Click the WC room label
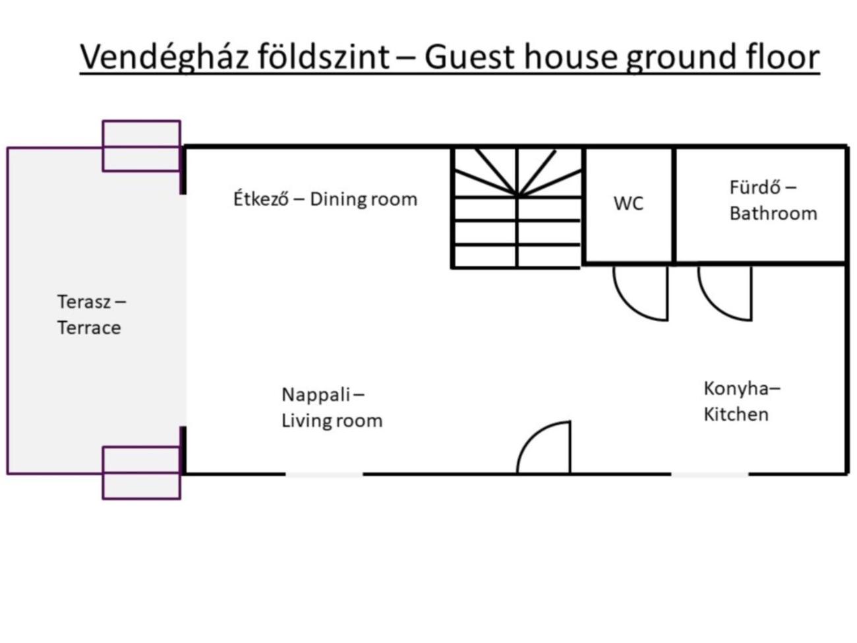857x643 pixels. [628, 203]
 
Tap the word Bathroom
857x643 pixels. [773, 214]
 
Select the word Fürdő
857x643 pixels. [755, 187]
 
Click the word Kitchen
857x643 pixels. [736, 414]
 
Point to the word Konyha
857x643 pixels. [736, 389]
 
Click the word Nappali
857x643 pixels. [316, 394]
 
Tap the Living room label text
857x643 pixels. [332, 421]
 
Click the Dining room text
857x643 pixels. [363, 200]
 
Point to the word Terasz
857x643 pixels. [83, 302]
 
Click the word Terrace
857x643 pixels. [89, 328]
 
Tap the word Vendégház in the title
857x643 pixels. [164, 57]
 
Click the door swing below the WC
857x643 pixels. [641, 293]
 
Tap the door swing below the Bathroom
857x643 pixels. [725, 293]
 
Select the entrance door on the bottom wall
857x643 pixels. [543, 447]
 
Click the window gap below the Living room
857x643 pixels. [324, 474]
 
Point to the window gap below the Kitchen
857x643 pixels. [710, 474]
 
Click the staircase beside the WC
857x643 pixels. [517, 208]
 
